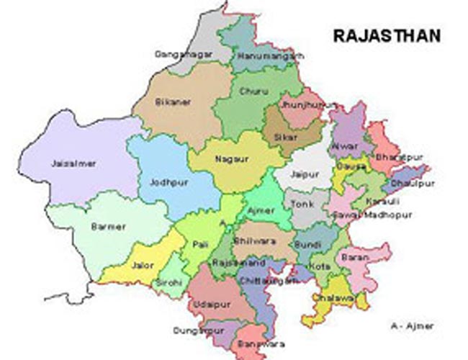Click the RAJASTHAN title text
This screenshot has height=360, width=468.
click(x=386, y=35)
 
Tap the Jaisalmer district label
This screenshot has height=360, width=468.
click(x=74, y=163)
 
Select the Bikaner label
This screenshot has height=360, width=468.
click(x=174, y=102)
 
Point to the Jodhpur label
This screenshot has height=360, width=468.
click(x=169, y=183)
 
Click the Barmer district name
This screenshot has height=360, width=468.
click(x=109, y=227)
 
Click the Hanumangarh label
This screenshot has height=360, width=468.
click(x=270, y=55)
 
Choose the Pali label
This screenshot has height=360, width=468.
click(x=199, y=246)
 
